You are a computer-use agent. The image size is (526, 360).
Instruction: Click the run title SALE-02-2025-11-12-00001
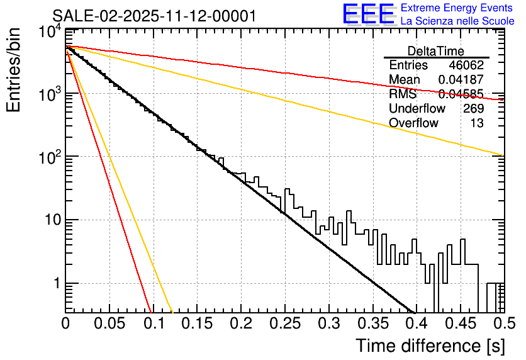[x=154, y=16]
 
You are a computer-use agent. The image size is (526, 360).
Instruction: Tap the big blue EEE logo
[x=369, y=15]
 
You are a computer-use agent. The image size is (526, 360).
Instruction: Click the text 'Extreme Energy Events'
[x=457, y=8]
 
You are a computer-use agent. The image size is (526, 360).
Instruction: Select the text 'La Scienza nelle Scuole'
[x=457, y=21]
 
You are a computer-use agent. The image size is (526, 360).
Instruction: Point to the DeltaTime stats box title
[x=436, y=51]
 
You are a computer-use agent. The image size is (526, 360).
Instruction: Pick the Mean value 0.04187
[x=461, y=80]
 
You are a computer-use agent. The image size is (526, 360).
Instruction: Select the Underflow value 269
[x=473, y=108]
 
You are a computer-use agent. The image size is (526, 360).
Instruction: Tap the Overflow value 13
[x=477, y=123]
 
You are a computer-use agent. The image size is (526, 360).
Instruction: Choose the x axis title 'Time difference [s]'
[x=430, y=346]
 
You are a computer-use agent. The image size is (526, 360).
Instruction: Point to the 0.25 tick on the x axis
[x=284, y=323]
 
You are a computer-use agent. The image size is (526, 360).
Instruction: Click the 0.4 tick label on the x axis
[x=415, y=323]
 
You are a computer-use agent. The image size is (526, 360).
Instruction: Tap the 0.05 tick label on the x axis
[x=109, y=323]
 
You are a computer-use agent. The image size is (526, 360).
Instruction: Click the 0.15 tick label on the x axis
[x=197, y=323]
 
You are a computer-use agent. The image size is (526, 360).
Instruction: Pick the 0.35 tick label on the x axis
[x=372, y=323]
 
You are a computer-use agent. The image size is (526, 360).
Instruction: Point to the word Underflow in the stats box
[x=417, y=108]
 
